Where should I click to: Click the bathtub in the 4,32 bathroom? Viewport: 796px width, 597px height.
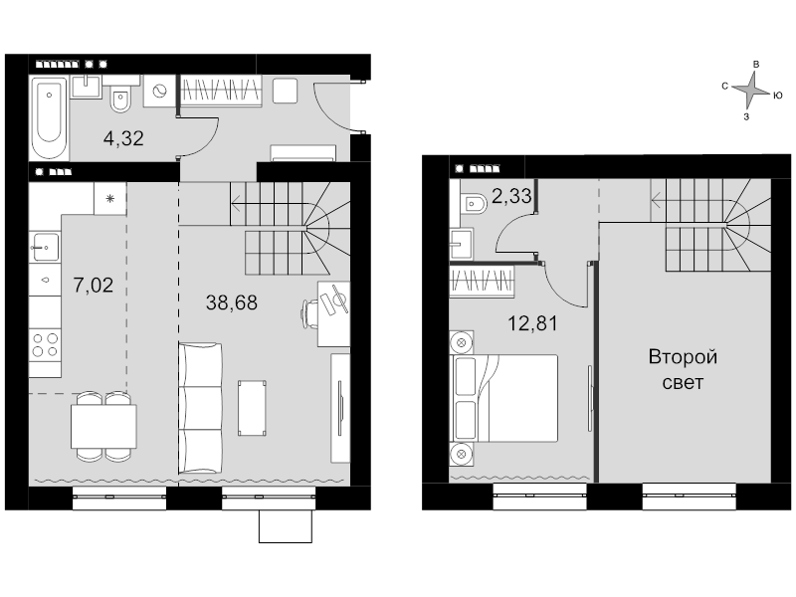(x=49, y=117)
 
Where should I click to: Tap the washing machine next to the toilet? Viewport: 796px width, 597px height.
(x=159, y=91)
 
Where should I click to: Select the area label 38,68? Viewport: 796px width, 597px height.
(x=232, y=302)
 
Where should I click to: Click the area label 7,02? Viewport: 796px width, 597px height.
(x=94, y=286)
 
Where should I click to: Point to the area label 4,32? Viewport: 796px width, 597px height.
(x=123, y=138)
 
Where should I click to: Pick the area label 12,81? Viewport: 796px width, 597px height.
(x=533, y=323)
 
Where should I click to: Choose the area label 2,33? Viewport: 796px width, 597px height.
(x=511, y=196)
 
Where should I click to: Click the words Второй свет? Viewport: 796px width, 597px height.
(x=683, y=369)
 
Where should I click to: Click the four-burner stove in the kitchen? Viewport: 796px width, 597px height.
(x=45, y=345)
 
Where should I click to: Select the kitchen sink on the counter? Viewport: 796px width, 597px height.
(x=46, y=247)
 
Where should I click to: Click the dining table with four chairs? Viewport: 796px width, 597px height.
(x=103, y=427)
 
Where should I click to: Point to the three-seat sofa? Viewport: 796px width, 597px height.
(x=200, y=408)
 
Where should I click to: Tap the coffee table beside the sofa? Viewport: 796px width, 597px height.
(x=253, y=408)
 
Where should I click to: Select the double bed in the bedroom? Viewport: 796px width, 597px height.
(x=504, y=398)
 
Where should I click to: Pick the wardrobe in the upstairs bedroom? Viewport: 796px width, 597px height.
(x=482, y=282)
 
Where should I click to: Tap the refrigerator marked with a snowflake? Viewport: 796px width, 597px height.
(x=110, y=198)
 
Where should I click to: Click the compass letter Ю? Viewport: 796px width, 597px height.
(x=778, y=95)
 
